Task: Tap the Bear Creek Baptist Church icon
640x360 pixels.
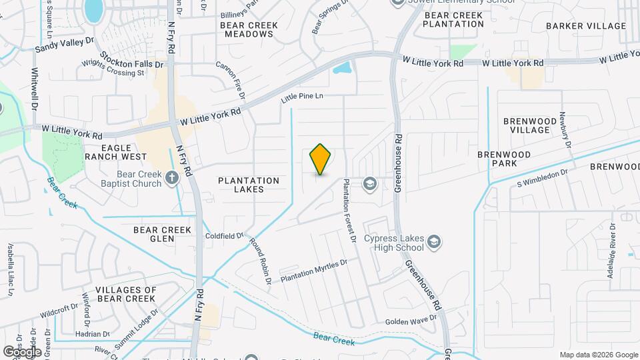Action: tap(172, 177)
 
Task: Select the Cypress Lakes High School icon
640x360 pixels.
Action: tap(435, 241)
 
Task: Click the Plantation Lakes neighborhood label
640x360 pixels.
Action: tap(249, 185)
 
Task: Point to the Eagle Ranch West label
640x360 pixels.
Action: tap(115, 152)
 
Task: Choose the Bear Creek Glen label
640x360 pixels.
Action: tap(163, 234)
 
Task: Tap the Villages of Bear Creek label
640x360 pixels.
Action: tap(126, 294)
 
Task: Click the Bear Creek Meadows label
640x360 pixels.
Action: tap(249, 30)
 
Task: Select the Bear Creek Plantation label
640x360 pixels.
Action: tap(454, 19)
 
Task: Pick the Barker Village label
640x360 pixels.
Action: tap(586, 26)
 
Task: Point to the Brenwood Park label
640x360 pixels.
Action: tap(503, 159)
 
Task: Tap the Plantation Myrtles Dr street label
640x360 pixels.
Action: tap(314, 271)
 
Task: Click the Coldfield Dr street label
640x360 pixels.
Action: tap(225, 235)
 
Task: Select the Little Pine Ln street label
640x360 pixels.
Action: tap(302, 97)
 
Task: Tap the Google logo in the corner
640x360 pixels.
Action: tap(22, 351)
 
